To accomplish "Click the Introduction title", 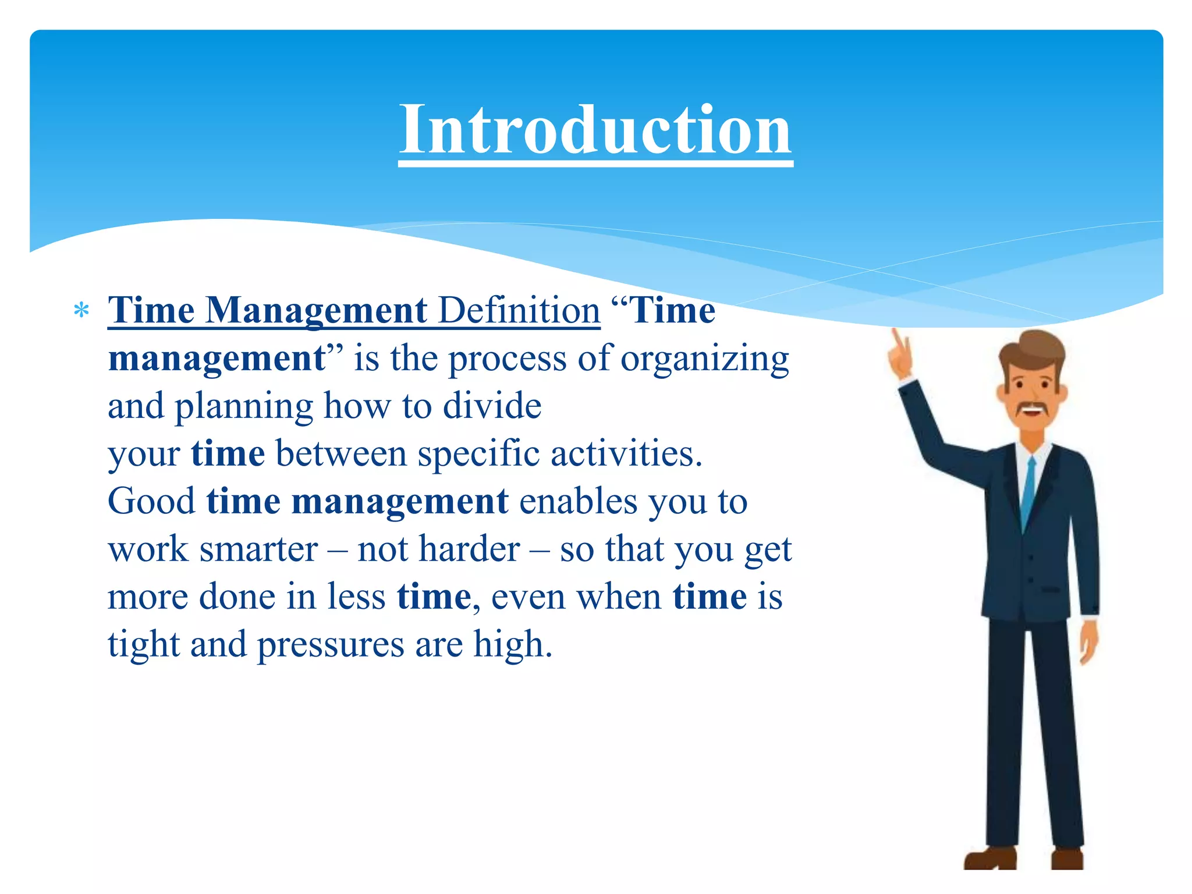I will pyautogui.click(x=595, y=129).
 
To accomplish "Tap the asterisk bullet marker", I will pyautogui.click(x=81, y=311).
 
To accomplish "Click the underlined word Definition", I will pyautogui.click(x=519, y=310).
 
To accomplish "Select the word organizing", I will pyautogui.click(x=704, y=359).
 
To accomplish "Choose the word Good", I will pyautogui.click(x=151, y=502).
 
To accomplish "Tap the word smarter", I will pyautogui.click(x=258, y=549).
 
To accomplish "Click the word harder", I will pyautogui.click(x=469, y=549).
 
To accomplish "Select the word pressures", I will pyautogui.click(x=331, y=645).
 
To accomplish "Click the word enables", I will pyautogui.click(x=578, y=502).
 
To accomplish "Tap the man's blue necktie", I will pyautogui.click(x=1028, y=489).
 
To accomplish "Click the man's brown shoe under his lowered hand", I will pyautogui.click(x=1066, y=859).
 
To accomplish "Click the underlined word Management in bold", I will pyautogui.click(x=317, y=310).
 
